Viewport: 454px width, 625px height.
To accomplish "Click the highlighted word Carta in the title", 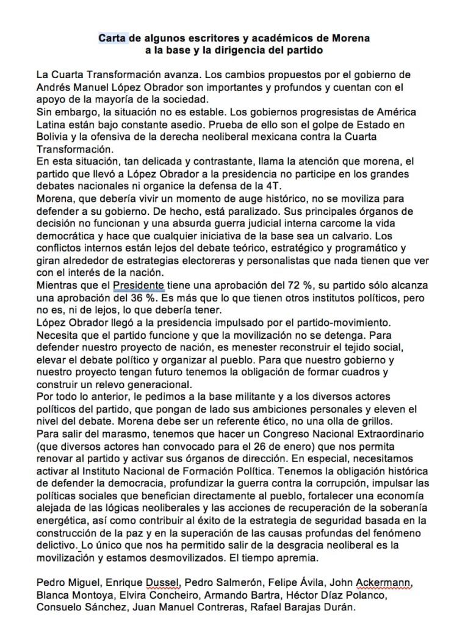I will (x=112, y=38).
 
